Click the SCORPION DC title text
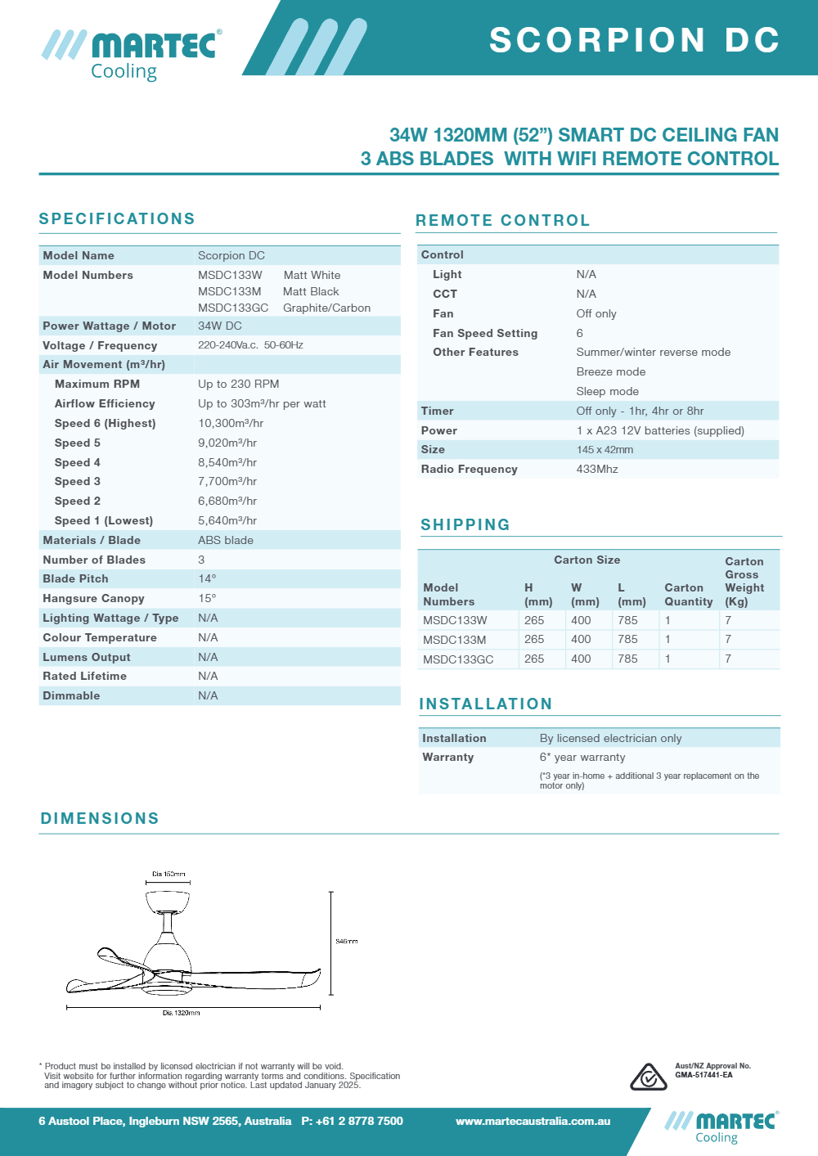[x=634, y=40]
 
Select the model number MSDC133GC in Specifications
[x=233, y=308]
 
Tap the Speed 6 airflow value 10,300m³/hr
[x=231, y=424]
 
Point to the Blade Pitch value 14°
[x=207, y=579]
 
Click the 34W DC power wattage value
[x=220, y=326]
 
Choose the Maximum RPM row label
[x=97, y=385]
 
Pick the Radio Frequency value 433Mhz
[x=597, y=470]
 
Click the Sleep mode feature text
[x=608, y=392]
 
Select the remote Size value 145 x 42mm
[x=605, y=450]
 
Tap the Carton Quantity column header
[x=688, y=595]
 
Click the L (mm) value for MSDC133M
[x=627, y=640]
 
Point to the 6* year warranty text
[x=582, y=758]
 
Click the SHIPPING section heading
[x=465, y=525]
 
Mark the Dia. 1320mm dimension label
[x=181, y=1013]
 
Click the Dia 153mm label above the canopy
[x=169, y=875]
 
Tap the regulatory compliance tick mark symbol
[x=648, y=1077]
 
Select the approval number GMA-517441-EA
[x=703, y=1075]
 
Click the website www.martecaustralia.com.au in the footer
[x=533, y=1122]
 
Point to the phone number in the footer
[x=353, y=1122]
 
